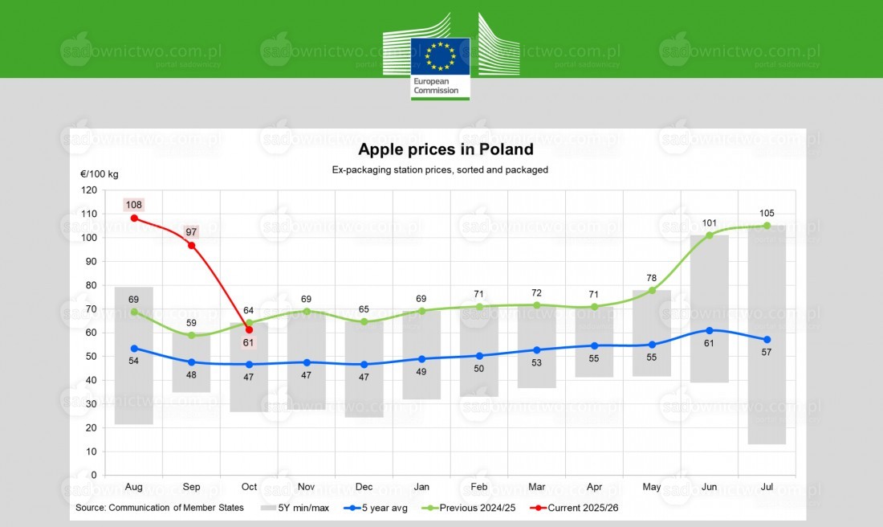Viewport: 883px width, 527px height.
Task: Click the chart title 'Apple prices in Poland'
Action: tap(446, 149)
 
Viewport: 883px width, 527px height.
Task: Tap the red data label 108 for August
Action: tap(133, 204)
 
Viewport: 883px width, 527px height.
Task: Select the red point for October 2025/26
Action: tap(249, 329)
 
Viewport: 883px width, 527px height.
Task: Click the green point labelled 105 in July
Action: tap(767, 226)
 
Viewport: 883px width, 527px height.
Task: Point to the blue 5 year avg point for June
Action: tap(709, 330)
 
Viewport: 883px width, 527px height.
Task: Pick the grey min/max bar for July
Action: tap(767, 337)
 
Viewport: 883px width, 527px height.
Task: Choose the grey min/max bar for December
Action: tap(364, 370)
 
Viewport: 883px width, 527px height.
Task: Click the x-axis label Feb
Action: tap(479, 487)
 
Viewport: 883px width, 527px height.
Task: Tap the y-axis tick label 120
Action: tap(89, 190)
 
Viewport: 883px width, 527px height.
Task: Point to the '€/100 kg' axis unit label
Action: tap(99, 174)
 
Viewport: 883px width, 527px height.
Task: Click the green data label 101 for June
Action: tap(709, 223)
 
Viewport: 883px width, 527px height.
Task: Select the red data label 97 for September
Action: tap(191, 231)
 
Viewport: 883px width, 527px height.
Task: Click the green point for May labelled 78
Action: tap(652, 290)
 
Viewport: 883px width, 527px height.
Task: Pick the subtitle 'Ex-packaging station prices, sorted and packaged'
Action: tap(440, 170)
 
